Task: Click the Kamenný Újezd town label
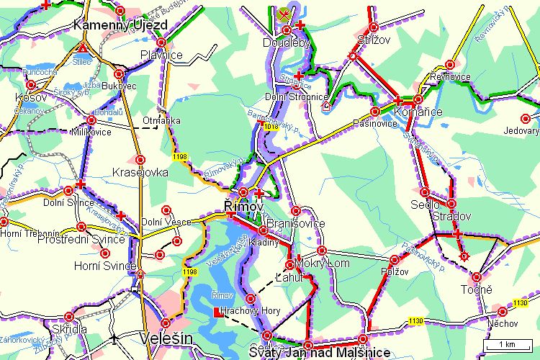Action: (x=121, y=25)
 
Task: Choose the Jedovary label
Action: (x=522, y=131)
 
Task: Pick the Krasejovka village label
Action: (x=140, y=173)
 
